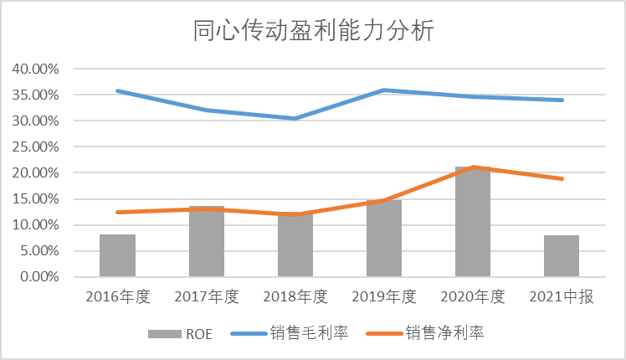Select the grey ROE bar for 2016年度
[x=117, y=256]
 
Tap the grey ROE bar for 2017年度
[x=207, y=243]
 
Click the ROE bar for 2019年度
[x=384, y=239]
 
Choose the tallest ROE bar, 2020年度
[x=473, y=223]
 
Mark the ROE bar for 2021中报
[x=562, y=256]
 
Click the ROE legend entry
[x=180, y=333]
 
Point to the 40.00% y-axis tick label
[x=36, y=69]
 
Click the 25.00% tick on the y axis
[x=36, y=147]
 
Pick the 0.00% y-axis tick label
[x=39, y=276]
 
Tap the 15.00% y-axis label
[x=36, y=198]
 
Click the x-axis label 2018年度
[x=295, y=297]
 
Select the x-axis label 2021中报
[x=562, y=297]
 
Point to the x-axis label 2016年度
[x=117, y=297]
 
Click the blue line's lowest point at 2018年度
[x=295, y=118]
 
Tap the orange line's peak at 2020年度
[x=473, y=167]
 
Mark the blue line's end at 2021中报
[x=562, y=100]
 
